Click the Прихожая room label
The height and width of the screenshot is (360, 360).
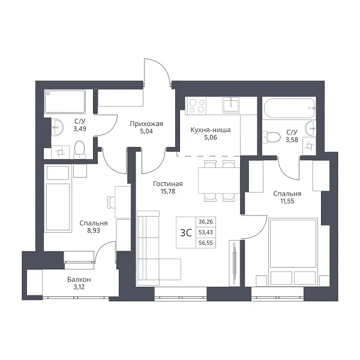click(x=146, y=124)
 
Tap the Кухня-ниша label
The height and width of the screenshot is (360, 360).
click(x=211, y=130)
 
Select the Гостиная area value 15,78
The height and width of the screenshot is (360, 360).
click(x=168, y=191)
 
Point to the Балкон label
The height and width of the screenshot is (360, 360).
click(x=79, y=280)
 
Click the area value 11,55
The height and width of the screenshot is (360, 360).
click(x=287, y=201)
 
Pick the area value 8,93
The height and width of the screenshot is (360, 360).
click(x=94, y=230)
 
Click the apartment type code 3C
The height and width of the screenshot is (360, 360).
click(x=186, y=233)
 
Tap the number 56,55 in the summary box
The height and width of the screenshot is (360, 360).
click(x=206, y=243)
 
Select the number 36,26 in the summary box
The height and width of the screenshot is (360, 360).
click(x=206, y=222)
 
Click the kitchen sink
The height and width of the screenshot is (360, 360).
click(x=231, y=105)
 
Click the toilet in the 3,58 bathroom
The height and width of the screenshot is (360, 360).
click(x=271, y=137)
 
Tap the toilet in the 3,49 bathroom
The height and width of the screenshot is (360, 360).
click(x=79, y=149)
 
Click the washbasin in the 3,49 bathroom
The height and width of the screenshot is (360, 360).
click(x=57, y=127)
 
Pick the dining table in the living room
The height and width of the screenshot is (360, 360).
click(x=219, y=181)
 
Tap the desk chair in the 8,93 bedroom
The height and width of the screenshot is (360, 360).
click(x=112, y=202)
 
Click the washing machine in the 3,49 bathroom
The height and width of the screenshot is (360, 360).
click(x=60, y=152)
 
